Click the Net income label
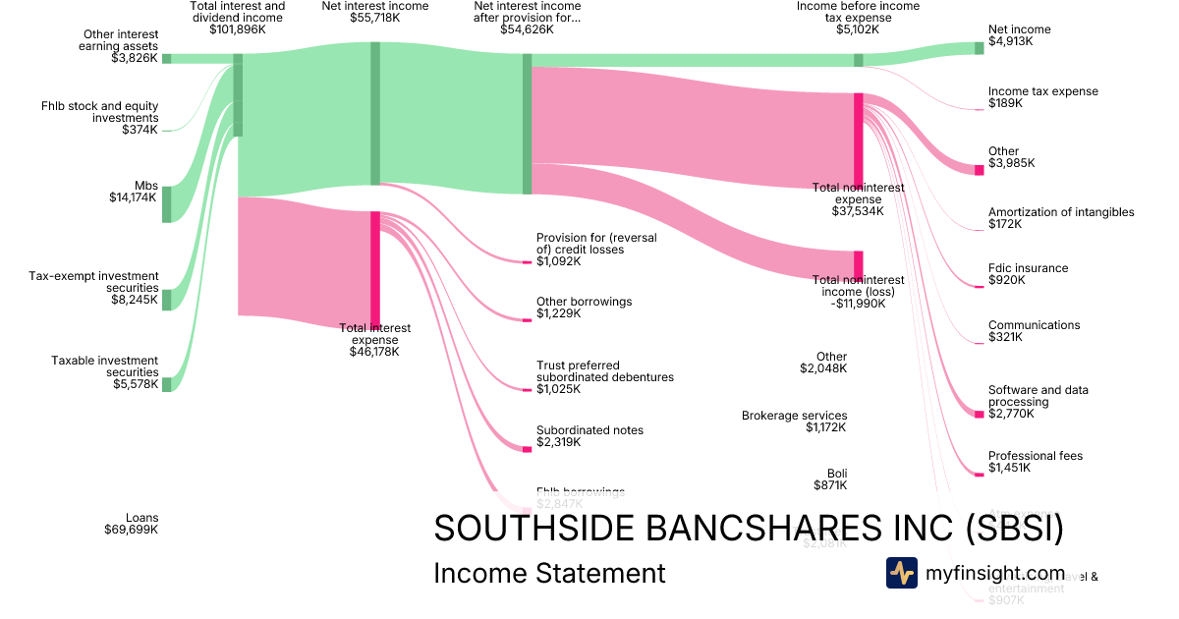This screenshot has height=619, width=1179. tap(1019, 29)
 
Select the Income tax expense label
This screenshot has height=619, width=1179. tap(1042, 91)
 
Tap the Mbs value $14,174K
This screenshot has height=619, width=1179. tap(134, 197)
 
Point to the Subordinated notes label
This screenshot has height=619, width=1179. tap(589, 430)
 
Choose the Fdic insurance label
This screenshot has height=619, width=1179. tap(1028, 268)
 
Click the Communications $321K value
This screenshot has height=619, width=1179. tap(1005, 337)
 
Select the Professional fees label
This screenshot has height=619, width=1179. tap(1036, 456)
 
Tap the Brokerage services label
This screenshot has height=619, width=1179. tap(794, 416)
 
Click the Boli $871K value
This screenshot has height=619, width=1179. tap(829, 485)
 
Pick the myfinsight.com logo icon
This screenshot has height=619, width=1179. tap(901, 573)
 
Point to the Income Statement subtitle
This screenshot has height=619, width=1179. tap(549, 573)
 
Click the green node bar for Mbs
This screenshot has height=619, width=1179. tap(166, 204)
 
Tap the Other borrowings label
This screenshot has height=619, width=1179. tap(584, 302)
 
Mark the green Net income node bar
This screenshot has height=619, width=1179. tap(979, 48)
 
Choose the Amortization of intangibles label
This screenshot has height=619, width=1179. tap(1061, 212)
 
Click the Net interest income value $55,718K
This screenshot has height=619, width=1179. tap(374, 18)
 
